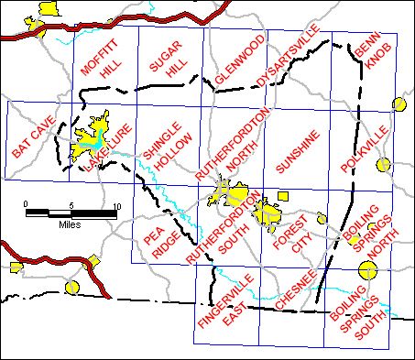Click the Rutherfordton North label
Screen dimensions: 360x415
[236, 141]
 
